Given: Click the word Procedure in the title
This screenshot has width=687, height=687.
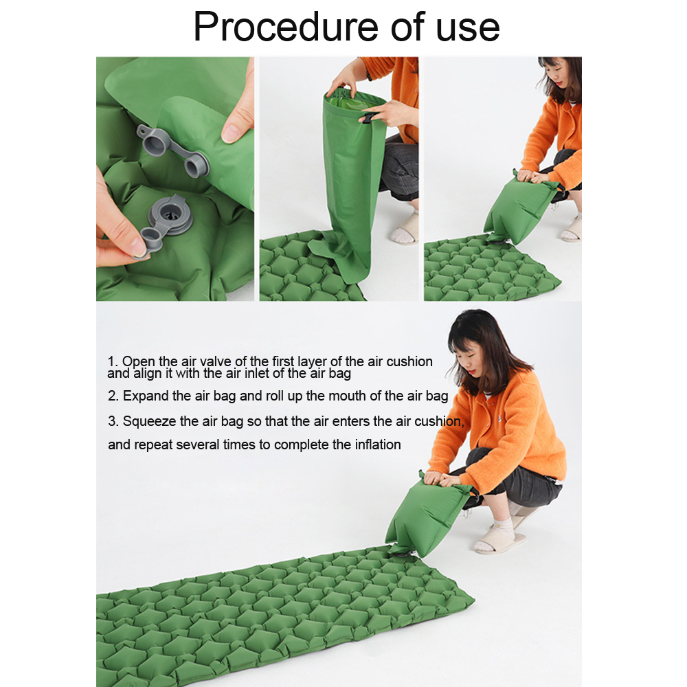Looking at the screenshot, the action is tap(286, 27).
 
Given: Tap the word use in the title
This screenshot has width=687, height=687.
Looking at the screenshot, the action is tap(467, 29).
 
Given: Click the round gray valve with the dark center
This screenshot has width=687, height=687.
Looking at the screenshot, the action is tap(170, 216).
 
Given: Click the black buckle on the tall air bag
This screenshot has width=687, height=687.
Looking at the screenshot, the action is tap(368, 117).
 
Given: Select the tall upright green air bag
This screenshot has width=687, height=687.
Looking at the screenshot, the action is tap(348, 184).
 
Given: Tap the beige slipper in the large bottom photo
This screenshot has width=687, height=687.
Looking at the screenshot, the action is tap(499, 543).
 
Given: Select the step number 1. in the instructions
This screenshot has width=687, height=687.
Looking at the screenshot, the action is tap(113, 361).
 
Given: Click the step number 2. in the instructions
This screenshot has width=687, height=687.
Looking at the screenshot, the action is tap(113, 396).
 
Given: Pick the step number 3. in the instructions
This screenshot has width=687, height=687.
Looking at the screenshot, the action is tap(113, 422).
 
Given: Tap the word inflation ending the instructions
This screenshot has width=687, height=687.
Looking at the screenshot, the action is tap(378, 444).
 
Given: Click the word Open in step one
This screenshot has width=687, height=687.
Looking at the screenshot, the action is tap(139, 362).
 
